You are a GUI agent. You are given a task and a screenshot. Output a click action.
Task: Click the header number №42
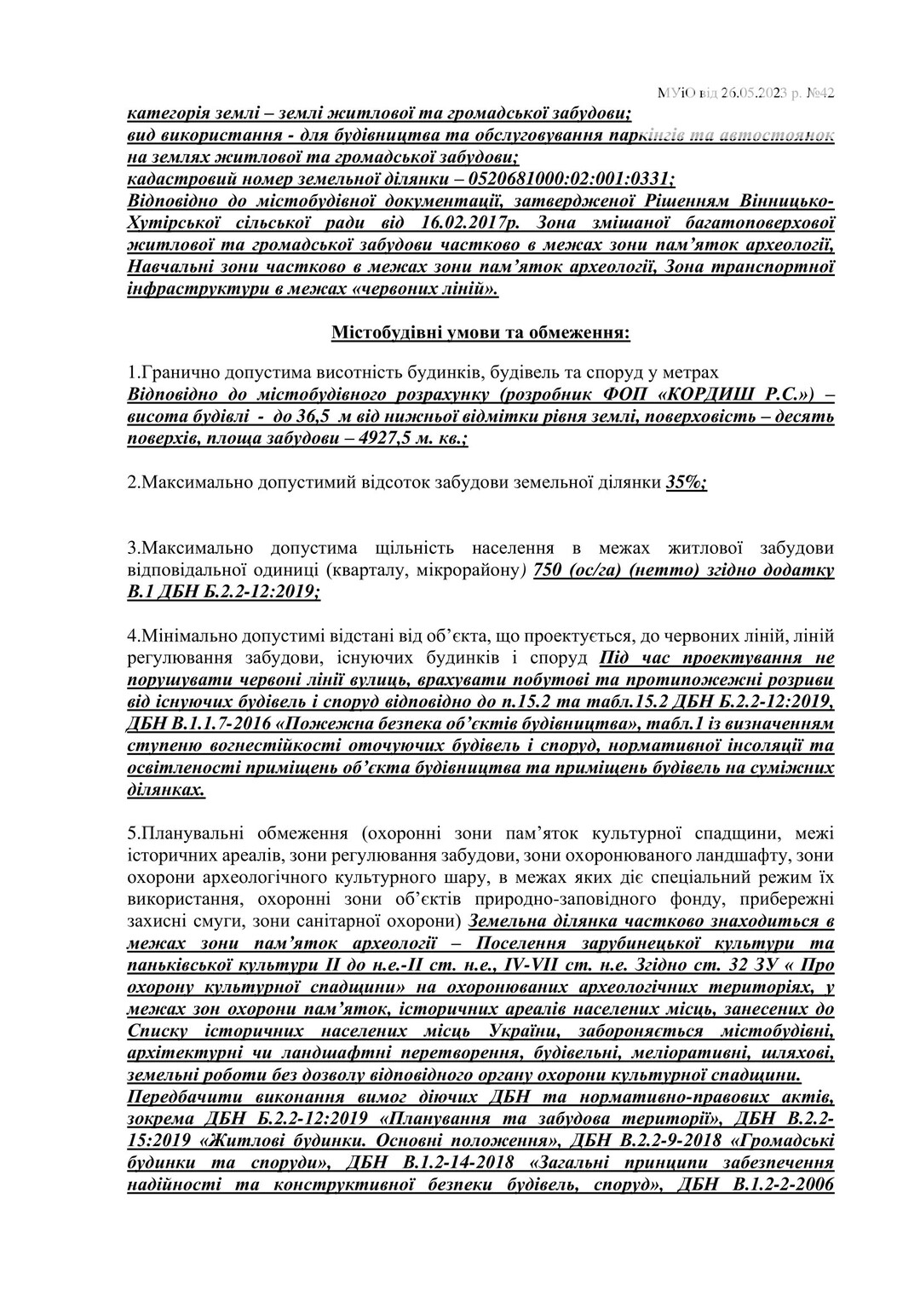coord(819,93)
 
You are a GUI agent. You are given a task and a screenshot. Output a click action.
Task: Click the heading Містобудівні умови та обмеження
coord(481,332)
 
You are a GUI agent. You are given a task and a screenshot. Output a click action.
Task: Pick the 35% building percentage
coord(686,482)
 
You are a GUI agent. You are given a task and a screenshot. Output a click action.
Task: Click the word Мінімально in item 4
coord(183,636)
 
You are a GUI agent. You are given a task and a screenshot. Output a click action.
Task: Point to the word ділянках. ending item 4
coord(166,790)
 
